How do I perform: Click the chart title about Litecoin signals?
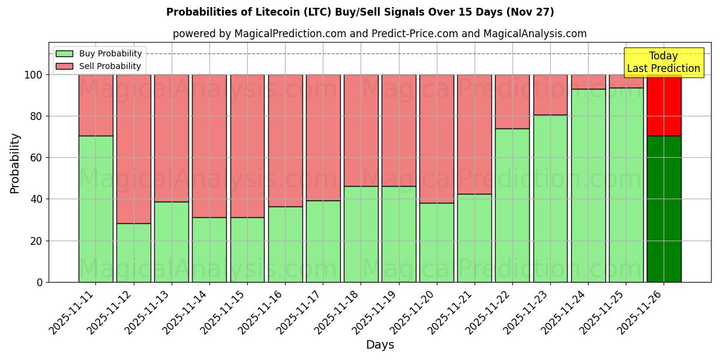(x=360, y=12)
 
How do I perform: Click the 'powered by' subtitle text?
(x=379, y=34)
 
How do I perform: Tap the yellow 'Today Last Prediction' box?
(x=663, y=62)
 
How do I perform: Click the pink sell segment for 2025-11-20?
(x=436, y=139)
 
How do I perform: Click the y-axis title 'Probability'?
(x=15, y=163)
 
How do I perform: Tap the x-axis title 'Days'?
(x=379, y=345)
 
